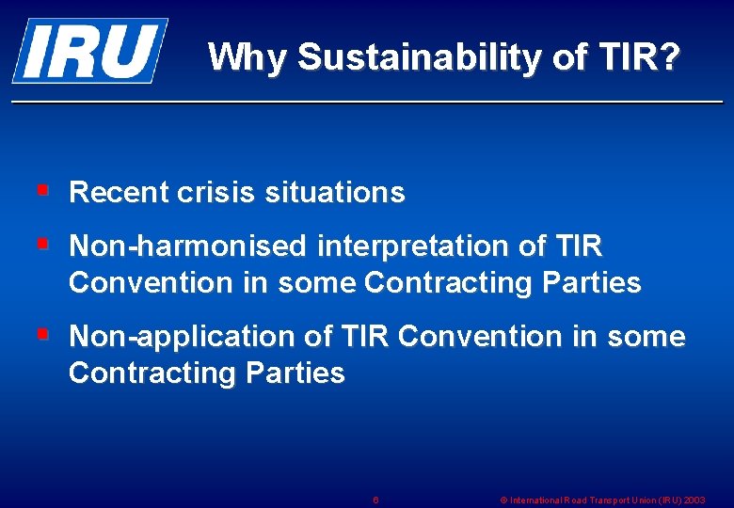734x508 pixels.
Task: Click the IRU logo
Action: point(89,51)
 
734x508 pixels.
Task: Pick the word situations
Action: point(334,193)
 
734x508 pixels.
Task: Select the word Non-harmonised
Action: point(188,246)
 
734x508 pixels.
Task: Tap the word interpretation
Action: point(412,246)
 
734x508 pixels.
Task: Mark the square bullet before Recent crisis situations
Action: point(42,191)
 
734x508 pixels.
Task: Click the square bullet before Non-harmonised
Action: point(42,245)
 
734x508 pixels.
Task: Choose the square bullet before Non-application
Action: point(42,334)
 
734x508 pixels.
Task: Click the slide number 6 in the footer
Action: point(375,500)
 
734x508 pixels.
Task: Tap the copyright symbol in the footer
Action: point(503,500)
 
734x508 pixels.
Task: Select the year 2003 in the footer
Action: point(694,500)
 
